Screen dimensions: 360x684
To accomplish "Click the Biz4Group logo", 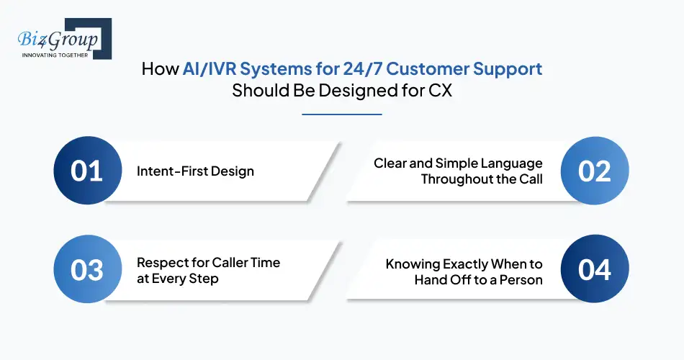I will [59, 38].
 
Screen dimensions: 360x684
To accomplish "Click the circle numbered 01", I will [86, 171].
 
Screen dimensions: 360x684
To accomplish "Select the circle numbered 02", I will [595, 171].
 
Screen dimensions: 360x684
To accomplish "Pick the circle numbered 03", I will [86, 270].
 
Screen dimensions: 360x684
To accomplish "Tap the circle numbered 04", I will [595, 270].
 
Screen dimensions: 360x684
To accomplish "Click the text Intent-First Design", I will [195, 171].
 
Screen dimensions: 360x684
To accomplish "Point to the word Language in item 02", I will [514, 163].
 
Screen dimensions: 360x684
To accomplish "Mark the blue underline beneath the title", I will [341, 114].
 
